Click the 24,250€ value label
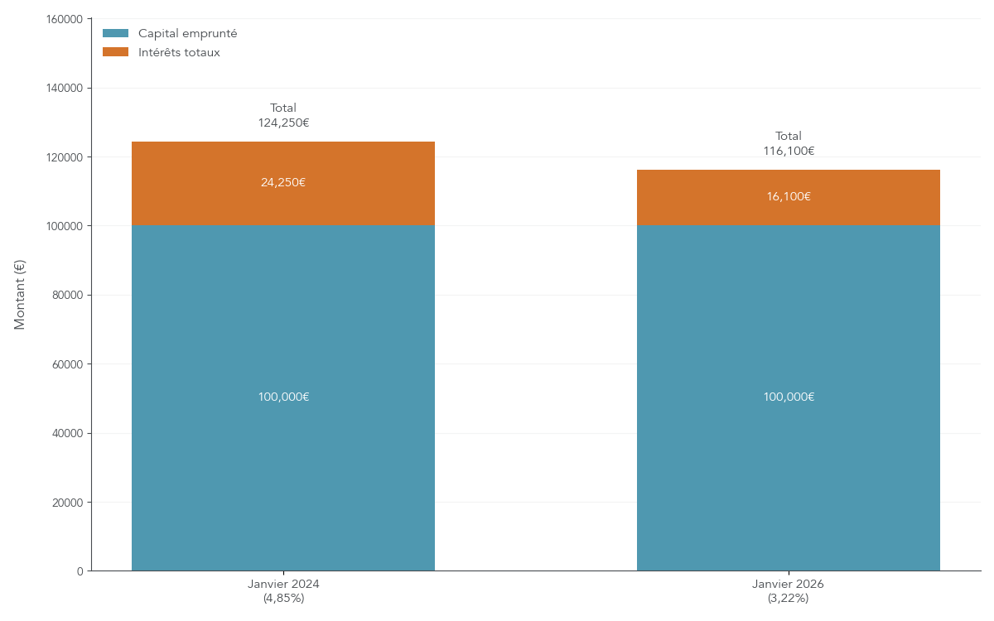point(283,183)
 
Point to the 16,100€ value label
point(789,197)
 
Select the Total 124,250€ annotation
point(283,116)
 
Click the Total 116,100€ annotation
point(789,143)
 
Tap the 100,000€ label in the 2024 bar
point(283,397)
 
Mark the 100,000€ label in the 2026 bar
point(789,397)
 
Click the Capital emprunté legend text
point(188,34)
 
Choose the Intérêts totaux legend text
point(179,53)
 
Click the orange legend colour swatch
point(116,52)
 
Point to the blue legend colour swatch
point(116,33)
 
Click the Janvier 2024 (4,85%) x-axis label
point(283,590)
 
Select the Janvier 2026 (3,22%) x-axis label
point(789,590)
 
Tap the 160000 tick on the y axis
point(66,19)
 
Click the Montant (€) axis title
point(20,295)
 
